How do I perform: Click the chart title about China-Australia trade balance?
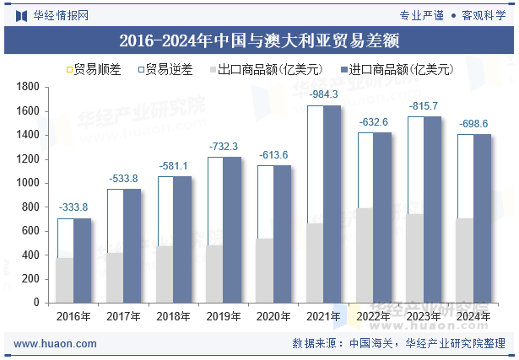[259, 40]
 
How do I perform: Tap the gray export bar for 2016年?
[65, 280]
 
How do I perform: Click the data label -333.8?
[73, 207]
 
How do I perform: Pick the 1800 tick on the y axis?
[30, 87]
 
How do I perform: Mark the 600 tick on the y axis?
[32, 231]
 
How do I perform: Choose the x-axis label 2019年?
[223, 316]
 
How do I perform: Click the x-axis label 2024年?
[473, 316]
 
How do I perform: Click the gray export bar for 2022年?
[365, 255]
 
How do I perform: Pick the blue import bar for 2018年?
[181, 239]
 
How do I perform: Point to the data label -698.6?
[473, 123]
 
